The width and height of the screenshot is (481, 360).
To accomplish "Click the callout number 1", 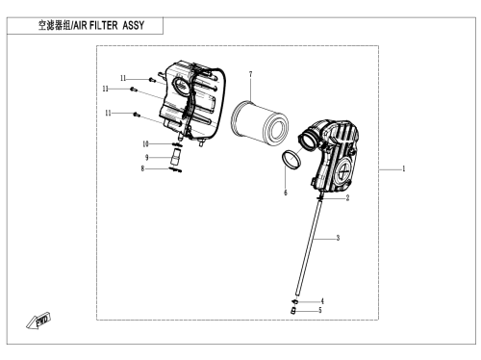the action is (404, 168).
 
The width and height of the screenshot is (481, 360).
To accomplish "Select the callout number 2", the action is (347, 197).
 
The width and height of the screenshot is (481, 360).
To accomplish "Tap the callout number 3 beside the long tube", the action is (338, 238).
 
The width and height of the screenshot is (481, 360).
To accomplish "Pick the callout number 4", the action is (322, 301).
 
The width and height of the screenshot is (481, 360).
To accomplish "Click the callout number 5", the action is (319, 310).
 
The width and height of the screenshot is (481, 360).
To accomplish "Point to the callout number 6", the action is (286, 193).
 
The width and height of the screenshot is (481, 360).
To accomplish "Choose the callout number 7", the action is (250, 74).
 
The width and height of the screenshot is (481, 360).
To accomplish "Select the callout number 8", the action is (142, 168).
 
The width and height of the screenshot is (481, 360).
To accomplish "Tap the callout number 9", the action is (147, 158).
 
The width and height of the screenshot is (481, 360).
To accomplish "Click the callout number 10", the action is (145, 144).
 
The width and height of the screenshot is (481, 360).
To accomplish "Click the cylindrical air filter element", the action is (260, 122).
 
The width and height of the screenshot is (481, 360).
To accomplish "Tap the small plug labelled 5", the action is (292, 311).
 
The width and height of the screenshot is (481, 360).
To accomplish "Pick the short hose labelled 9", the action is (176, 157).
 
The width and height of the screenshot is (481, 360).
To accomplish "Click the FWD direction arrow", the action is (38, 321).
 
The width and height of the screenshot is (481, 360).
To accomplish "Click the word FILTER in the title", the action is (103, 25).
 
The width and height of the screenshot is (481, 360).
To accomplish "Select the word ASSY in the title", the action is (134, 25).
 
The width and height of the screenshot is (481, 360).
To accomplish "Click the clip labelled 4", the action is (294, 301).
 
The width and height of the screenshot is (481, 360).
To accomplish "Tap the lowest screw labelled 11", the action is (137, 114).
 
